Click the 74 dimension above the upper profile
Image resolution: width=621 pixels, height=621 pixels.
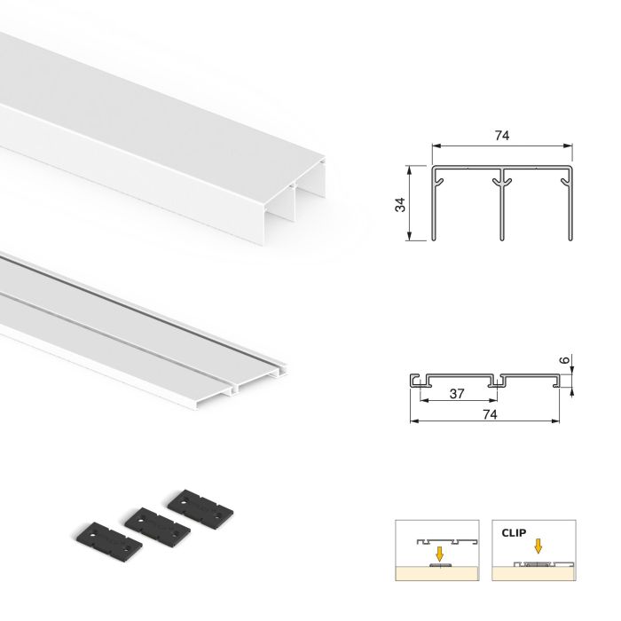click(503, 135)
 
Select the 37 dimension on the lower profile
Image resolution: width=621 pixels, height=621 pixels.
click(457, 392)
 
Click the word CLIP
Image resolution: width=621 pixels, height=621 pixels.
click(513, 534)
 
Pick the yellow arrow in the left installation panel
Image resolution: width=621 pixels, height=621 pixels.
click(437, 551)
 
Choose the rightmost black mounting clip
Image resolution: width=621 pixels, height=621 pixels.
click(203, 504)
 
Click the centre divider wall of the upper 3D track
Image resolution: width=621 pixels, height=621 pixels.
click(292, 204)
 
